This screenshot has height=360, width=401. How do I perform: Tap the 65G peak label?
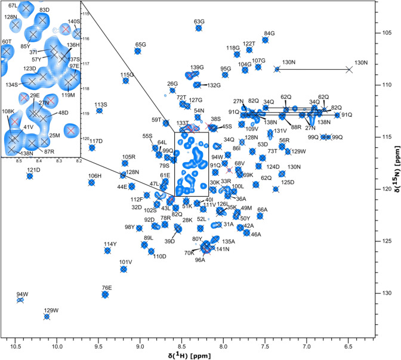click(x=141, y=44)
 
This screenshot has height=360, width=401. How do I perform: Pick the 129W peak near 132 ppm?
click(x=47, y=316)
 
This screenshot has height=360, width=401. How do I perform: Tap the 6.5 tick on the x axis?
click(x=348, y=340)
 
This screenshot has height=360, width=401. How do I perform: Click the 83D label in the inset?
click(x=44, y=10)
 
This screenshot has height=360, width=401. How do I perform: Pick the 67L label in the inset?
click(x=13, y=5)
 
